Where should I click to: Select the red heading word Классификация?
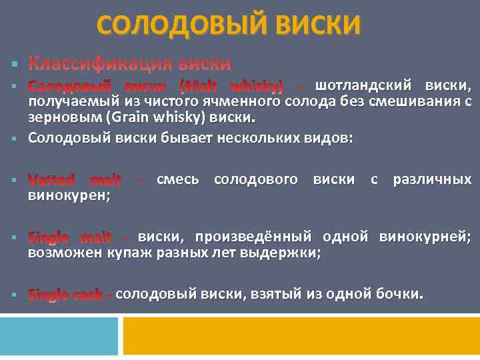[98, 64]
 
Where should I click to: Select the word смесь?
[177, 180]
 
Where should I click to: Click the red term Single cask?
[66, 295]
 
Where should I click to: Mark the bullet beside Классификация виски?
[14, 65]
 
